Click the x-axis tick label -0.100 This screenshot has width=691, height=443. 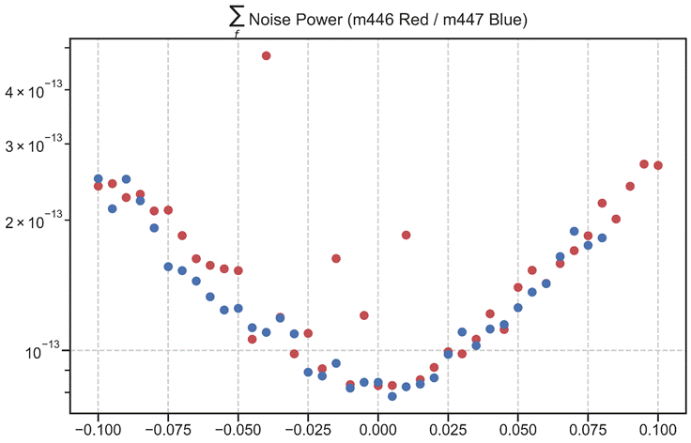[x=98, y=428]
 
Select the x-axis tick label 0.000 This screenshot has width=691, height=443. [x=377, y=428]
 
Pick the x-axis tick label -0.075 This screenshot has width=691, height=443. [x=168, y=428]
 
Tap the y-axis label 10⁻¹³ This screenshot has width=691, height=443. [x=47, y=350]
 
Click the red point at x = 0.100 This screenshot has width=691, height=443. [x=658, y=165]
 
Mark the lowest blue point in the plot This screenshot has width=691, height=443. [x=392, y=396]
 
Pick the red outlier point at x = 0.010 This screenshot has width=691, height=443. [x=406, y=235]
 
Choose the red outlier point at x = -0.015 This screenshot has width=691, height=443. [x=336, y=258]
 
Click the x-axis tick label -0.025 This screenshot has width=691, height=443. [x=308, y=428]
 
